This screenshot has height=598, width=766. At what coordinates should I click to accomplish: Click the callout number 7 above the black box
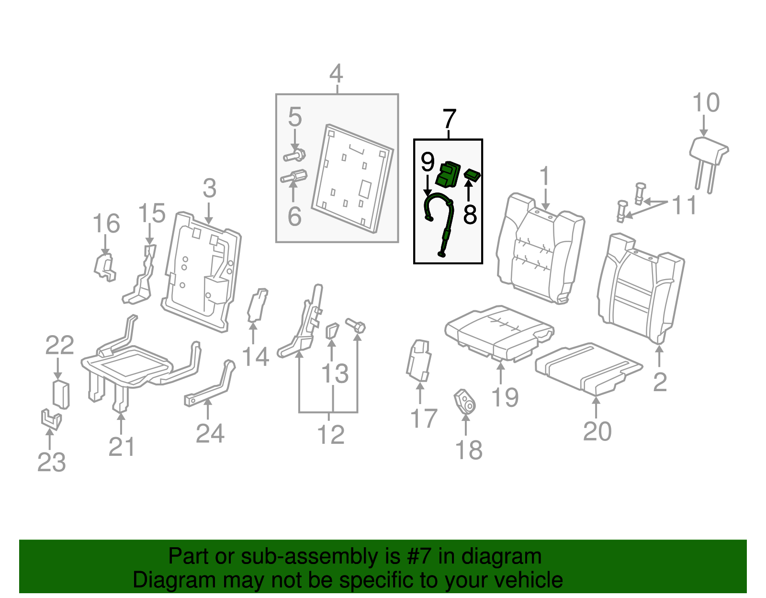449,119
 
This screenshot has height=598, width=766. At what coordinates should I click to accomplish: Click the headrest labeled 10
709,152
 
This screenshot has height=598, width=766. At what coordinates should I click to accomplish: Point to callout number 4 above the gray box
336,74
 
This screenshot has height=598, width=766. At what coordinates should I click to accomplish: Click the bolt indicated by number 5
295,156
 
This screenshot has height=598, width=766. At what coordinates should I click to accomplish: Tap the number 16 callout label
106,224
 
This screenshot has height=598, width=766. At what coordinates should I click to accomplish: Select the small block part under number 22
61,395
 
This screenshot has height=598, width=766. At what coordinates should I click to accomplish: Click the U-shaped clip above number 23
51,420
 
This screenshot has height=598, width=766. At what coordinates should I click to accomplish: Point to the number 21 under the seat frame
122,447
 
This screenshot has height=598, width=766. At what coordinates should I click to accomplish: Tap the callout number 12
330,435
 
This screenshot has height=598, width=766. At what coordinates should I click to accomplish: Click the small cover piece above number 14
257,305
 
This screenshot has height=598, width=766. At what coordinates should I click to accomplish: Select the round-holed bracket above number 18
465,402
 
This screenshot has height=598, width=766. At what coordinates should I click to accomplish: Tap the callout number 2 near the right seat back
660,382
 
